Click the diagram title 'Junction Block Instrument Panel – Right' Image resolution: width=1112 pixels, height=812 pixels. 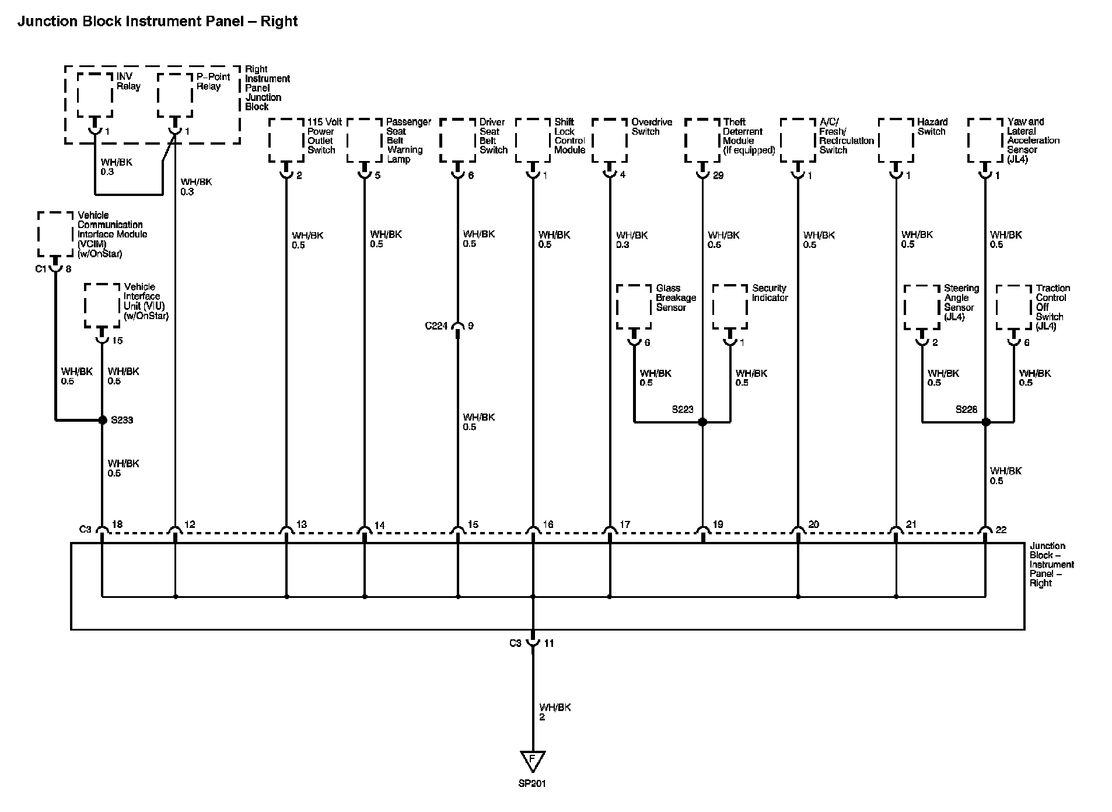point(158,22)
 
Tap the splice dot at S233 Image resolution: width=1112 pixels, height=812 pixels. point(103,419)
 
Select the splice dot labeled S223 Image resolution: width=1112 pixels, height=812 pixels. point(702,421)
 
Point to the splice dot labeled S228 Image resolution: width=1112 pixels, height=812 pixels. point(985,421)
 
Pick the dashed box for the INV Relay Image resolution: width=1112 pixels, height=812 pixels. point(95,95)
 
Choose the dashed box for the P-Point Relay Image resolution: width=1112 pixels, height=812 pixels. point(175,95)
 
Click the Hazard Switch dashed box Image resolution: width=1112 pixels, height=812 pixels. point(896,141)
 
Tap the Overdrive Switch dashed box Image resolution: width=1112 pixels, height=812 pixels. point(610,141)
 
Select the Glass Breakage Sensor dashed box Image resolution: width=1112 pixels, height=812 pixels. point(634,307)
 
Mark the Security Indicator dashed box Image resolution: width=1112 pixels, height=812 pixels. point(730,307)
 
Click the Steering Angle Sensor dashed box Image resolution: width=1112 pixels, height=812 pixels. point(922,307)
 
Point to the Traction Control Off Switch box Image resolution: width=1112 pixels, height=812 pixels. point(1014,307)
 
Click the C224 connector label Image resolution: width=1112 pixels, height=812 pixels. point(436,326)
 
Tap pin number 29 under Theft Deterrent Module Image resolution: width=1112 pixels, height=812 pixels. point(718,176)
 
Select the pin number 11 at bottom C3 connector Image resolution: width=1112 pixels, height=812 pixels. point(549,643)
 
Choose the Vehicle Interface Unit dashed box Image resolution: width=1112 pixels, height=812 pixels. point(102,306)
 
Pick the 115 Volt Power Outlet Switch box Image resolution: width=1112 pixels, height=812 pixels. point(286,141)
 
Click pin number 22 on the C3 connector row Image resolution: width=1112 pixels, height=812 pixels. point(1001,530)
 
